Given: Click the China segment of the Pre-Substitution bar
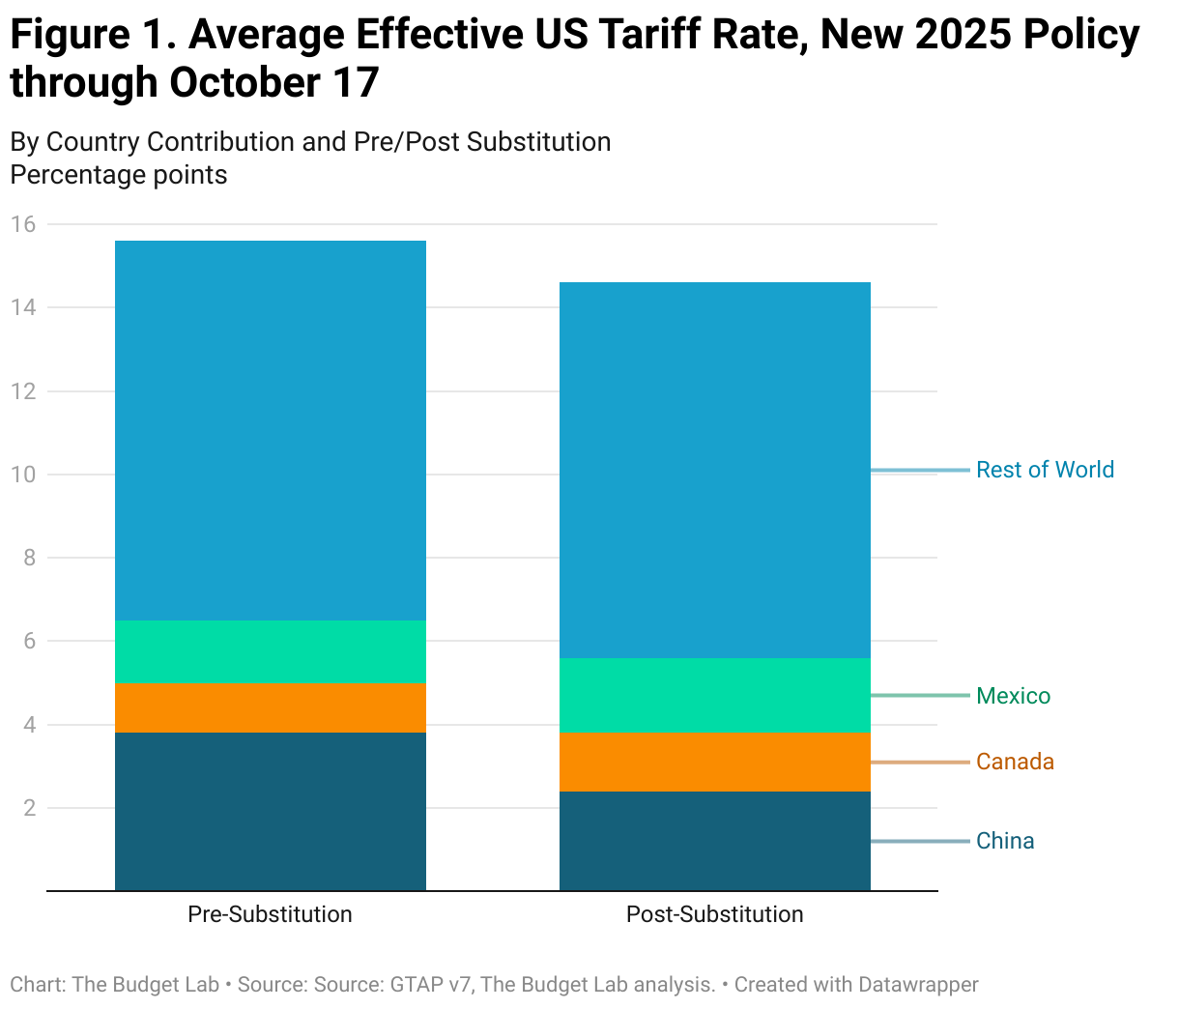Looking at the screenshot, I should click(270, 811).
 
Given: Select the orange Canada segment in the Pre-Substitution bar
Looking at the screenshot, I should click(270, 707).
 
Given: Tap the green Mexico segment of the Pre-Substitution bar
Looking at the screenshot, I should click(270, 651).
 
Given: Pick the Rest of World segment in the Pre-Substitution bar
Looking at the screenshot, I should click(270, 430).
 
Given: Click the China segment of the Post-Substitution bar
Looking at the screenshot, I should click(714, 841).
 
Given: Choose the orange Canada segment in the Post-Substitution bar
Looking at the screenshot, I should click(714, 762).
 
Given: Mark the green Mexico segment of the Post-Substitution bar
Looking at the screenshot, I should click(714, 695).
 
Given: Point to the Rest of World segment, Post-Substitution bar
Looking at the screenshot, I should click(714, 470).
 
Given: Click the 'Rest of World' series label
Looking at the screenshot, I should click(1045, 470).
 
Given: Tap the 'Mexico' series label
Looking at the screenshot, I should click(1013, 696).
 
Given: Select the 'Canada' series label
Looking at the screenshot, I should click(1015, 762).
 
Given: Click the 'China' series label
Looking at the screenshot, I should click(1005, 841).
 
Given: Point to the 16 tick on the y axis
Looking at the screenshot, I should click(23, 224).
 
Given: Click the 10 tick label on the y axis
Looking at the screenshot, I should click(23, 475).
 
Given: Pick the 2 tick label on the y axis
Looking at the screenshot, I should click(29, 808).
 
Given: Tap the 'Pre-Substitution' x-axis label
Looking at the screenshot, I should click(270, 914).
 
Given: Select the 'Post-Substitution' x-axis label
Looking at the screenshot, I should click(714, 914).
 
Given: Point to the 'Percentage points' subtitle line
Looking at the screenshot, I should click(119, 175).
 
